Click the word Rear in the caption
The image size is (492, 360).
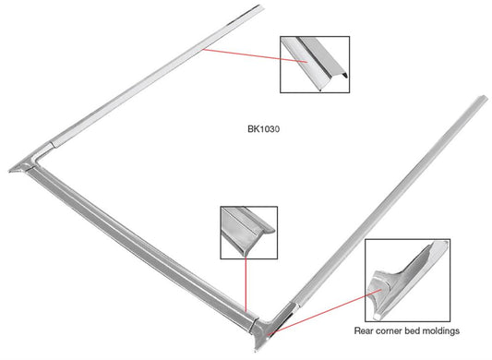click(x=366, y=330)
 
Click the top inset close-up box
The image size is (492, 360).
click(x=314, y=65)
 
